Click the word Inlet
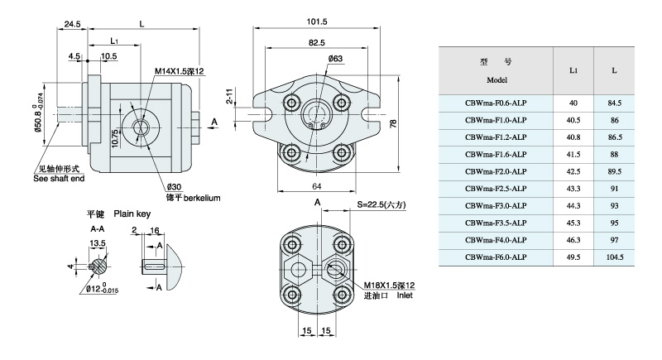404,295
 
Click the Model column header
496,80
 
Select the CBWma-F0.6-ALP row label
496,103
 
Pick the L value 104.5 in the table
613,257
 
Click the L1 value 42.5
573,172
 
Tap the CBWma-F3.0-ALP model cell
496,206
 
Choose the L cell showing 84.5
613,103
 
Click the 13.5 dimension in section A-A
98,243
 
